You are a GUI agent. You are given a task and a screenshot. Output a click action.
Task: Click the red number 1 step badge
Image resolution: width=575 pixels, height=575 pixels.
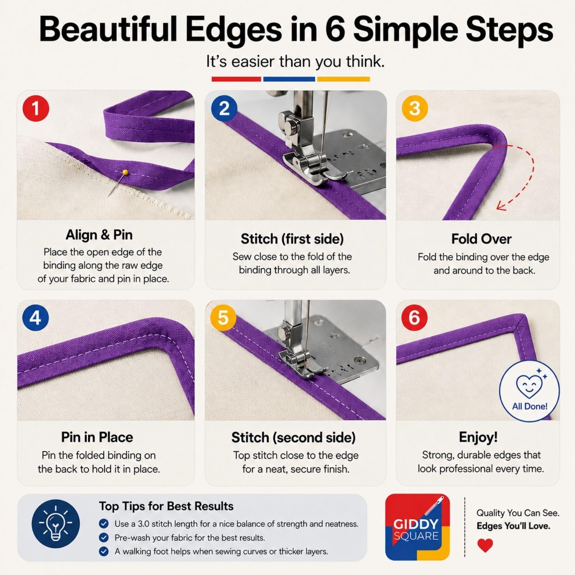pos(36,108)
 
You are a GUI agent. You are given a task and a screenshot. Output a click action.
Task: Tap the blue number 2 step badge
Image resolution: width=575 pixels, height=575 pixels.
pos(225,108)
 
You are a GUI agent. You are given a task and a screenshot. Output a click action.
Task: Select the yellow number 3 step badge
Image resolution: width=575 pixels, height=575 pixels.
pos(415,108)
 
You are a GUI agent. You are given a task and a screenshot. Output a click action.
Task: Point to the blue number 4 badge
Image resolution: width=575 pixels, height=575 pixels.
pos(35,318)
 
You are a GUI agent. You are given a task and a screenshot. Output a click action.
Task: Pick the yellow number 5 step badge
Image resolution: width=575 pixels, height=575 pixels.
pos(223,318)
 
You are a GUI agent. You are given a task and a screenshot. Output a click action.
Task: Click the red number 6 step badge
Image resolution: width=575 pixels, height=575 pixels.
pos(414,317)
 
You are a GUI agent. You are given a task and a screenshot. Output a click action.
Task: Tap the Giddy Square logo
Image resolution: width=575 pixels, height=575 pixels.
pos(417,527)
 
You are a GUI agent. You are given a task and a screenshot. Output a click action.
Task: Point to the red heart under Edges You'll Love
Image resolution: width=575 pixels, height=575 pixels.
pos(485,545)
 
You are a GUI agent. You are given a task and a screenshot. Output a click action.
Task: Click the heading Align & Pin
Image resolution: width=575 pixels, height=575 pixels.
pos(99,235)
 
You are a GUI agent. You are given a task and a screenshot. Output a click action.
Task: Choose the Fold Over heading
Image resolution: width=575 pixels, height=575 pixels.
pos(481,239)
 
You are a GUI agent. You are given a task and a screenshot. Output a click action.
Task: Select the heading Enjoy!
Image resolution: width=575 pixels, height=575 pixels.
pos(478,437)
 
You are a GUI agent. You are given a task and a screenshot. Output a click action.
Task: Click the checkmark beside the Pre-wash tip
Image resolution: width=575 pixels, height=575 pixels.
pos(103,537)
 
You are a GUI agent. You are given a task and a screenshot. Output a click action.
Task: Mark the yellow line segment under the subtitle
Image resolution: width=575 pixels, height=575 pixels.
pos(343,79)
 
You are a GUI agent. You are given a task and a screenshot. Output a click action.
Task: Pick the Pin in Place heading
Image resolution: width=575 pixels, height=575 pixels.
pos(97,437)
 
